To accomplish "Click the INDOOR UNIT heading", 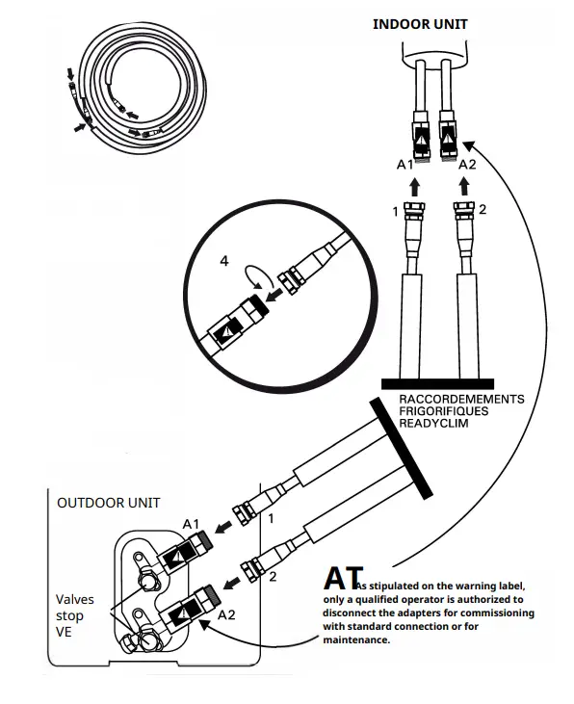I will click(420, 23).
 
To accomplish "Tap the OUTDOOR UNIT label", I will click(109, 503).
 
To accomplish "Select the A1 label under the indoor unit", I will click(405, 165).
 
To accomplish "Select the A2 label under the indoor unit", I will click(467, 165).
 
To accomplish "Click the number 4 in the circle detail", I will click(224, 261).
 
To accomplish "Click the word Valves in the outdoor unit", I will click(75, 600).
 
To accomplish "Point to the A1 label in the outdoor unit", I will click(191, 523).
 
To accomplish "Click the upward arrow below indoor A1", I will click(418, 184).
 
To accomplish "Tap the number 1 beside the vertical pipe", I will click(393, 209).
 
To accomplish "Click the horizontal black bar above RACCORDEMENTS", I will click(437, 383).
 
